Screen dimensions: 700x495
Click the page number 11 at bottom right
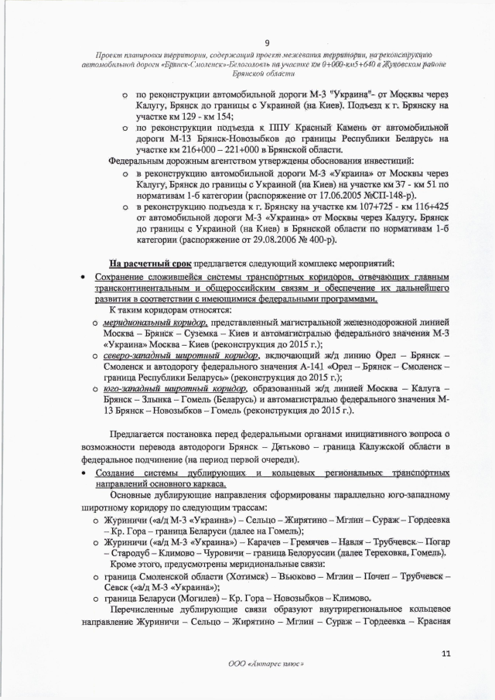pyautogui.click(x=445, y=654)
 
